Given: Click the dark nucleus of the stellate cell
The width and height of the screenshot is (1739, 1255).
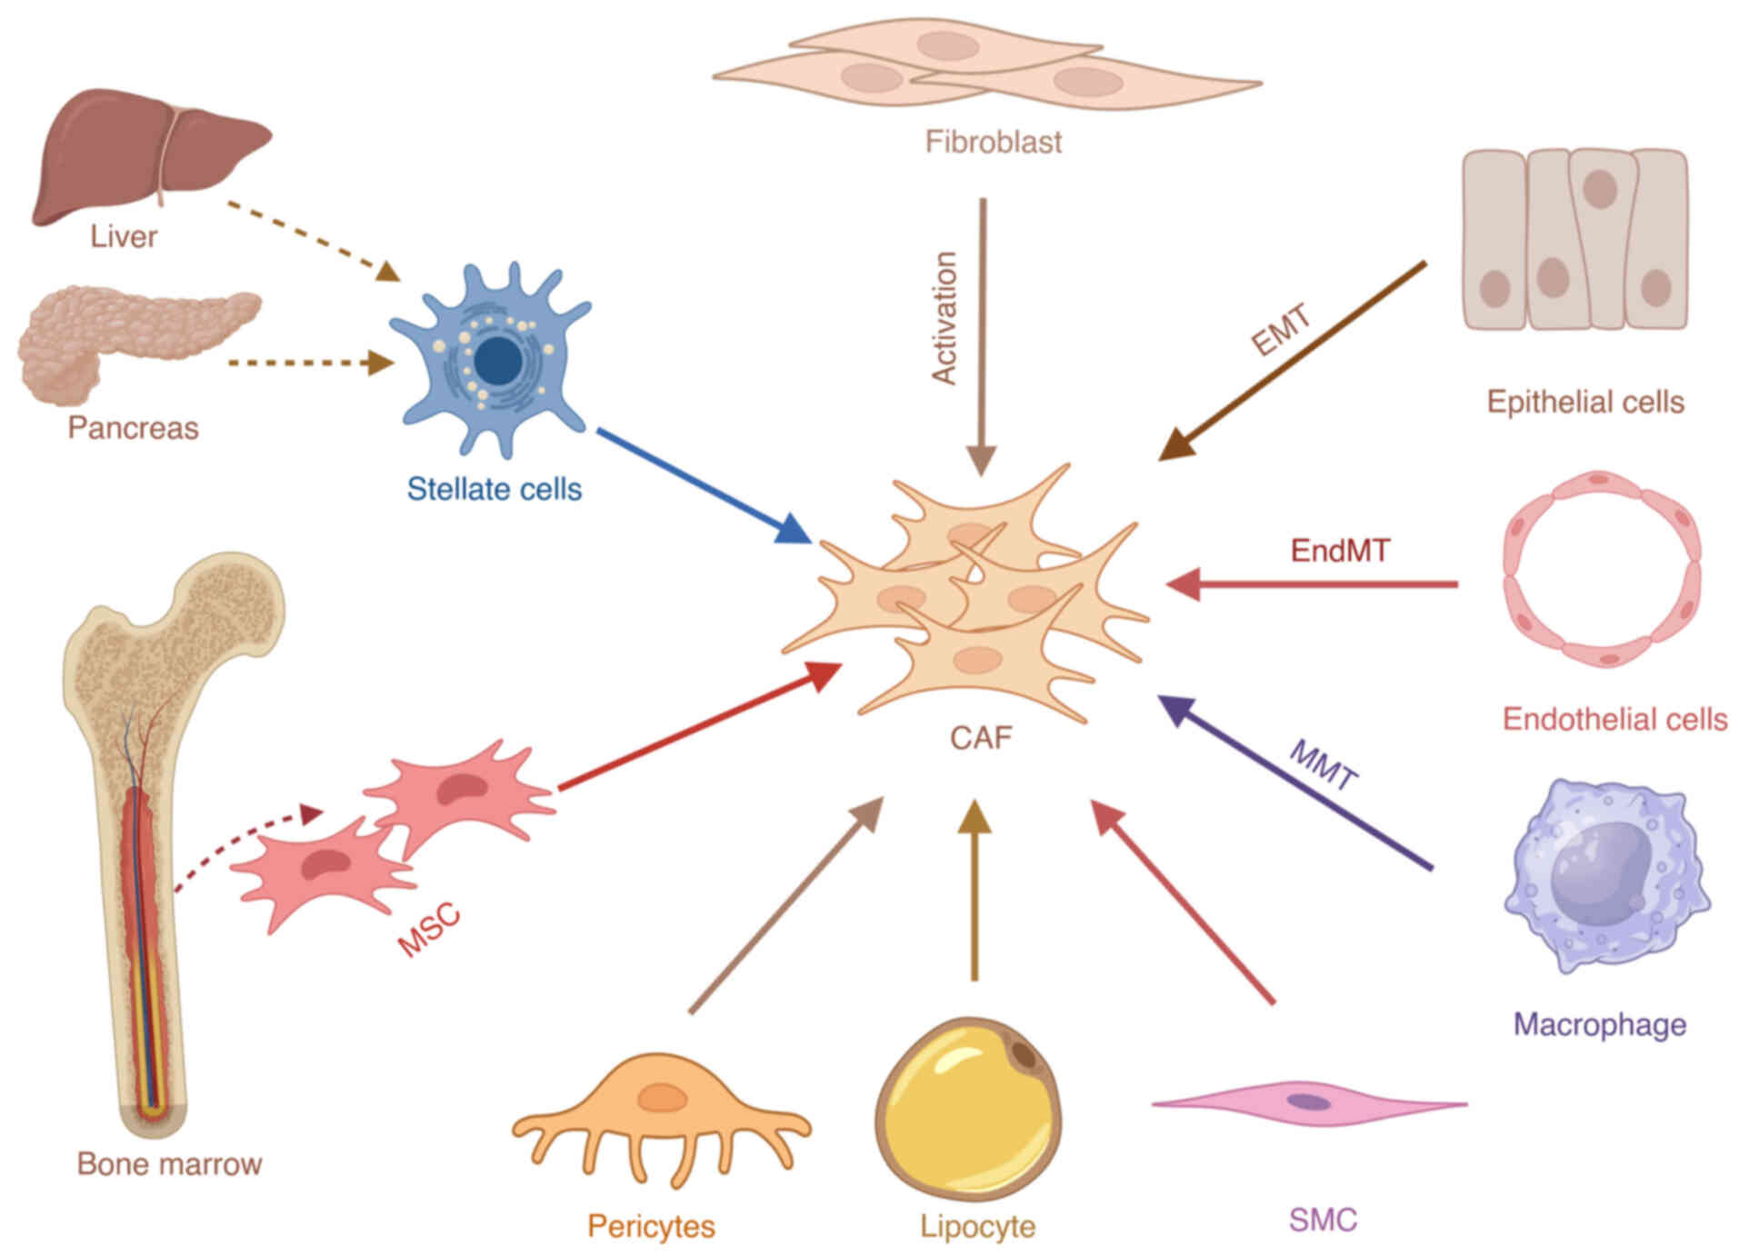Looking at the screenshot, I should pyautogui.click(x=498, y=362).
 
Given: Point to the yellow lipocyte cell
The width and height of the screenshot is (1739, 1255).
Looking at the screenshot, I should pyautogui.click(x=968, y=1109).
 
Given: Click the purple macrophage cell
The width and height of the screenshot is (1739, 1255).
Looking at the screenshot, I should pyautogui.click(x=1604, y=877).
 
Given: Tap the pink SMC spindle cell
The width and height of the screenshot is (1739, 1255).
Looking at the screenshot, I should pyautogui.click(x=1309, y=1103).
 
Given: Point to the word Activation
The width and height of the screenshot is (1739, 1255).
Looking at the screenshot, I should pyautogui.click(x=945, y=318).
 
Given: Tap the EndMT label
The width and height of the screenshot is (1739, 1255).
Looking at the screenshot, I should pyautogui.click(x=1340, y=551).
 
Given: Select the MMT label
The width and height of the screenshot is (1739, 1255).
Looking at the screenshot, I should pyautogui.click(x=1324, y=766).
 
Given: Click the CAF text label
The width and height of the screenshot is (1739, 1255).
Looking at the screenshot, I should pyautogui.click(x=981, y=737).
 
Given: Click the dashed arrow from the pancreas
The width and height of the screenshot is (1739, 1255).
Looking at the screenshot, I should pyautogui.click(x=309, y=363).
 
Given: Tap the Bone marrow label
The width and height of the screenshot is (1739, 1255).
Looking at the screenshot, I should pyautogui.click(x=169, y=1164).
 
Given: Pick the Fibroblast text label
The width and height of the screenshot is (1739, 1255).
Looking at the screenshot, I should pyautogui.click(x=993, y=142).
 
